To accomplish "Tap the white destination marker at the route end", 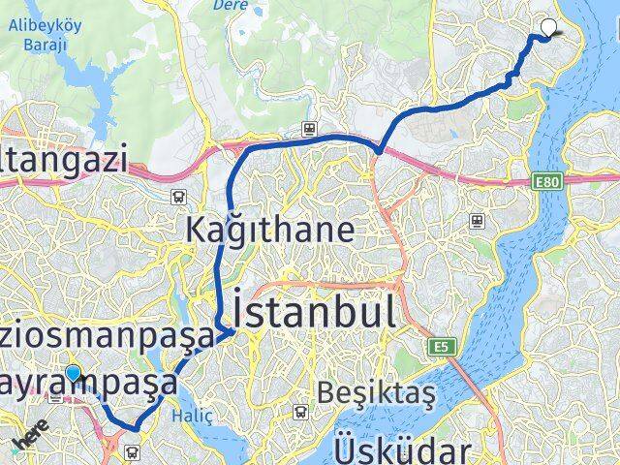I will coord(550,28).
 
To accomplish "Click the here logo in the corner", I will coord(30,438).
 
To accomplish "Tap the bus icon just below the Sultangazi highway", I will coord(179,197).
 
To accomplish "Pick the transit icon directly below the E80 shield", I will coord(477,221).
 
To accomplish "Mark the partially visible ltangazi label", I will coord(64,159).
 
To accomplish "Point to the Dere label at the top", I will coord(225,4).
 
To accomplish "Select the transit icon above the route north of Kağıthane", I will coord(309,127).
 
